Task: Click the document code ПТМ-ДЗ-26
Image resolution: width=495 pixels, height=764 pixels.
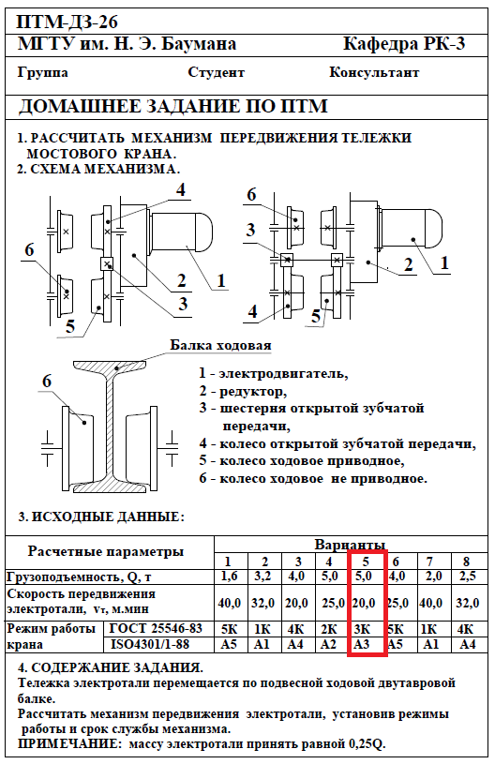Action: [67, 22]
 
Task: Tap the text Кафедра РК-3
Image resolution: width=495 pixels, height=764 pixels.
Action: [404, 44]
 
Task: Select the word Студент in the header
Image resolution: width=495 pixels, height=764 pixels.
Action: [216, 72]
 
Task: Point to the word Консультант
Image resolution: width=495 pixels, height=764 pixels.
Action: [374, 72]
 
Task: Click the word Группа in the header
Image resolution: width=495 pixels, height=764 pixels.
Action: [43, 73]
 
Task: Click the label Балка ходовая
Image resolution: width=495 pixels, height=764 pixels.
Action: [220, 345]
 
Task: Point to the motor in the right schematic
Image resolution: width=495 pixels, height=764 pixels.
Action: [412, 228]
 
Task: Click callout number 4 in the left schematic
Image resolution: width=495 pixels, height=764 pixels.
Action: [181, 189]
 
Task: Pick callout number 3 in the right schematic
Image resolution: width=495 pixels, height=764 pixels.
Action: [251, 230]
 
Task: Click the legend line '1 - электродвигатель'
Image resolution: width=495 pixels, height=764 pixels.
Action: [274, 374]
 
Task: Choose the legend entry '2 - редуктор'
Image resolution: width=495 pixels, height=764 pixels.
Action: [243, 391]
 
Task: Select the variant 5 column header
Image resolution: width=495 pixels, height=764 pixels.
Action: [366, 562]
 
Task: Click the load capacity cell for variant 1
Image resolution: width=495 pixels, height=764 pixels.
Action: [229, 577]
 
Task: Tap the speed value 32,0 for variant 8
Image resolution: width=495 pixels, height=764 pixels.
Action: [468, 603]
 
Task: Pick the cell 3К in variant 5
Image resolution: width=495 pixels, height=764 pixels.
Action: [362, 629]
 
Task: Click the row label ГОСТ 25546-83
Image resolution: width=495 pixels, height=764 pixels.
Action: [156, 629]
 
